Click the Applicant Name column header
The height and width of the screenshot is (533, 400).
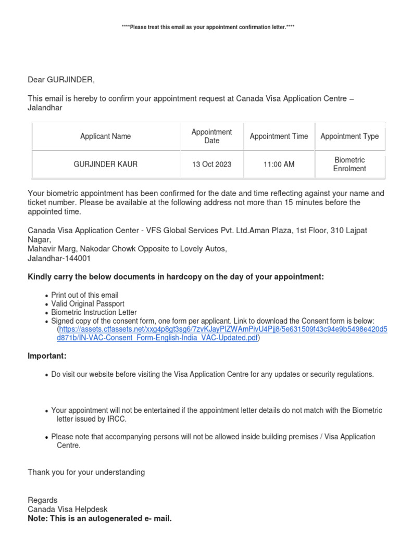(105, 136)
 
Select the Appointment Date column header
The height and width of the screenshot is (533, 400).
(211, 136)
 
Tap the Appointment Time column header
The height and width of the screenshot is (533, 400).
(279, 136)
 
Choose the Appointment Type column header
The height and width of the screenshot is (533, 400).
(349, 136)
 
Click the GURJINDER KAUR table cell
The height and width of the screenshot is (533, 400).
(105, 164)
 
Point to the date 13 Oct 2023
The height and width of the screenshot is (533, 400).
(211, 164)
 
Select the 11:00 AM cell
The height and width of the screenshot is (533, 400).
(279, 164)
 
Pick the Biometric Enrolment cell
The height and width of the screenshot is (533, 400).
(349, 164)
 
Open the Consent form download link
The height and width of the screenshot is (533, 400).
(222, 334)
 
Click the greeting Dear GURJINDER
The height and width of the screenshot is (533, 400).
(61, 80)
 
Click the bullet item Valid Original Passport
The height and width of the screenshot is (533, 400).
(87, 303)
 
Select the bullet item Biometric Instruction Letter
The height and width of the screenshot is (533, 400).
(94, 312)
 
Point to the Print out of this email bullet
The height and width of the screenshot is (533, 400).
(85, 295)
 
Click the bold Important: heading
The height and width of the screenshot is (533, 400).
(47, 356)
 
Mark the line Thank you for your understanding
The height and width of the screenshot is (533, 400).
(86, 472)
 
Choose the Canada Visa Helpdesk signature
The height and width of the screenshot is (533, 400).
(68, 510)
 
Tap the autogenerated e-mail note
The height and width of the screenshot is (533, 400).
(99, 519)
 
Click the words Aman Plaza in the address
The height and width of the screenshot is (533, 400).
(269, 230)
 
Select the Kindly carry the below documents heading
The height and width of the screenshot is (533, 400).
(176, 277)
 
